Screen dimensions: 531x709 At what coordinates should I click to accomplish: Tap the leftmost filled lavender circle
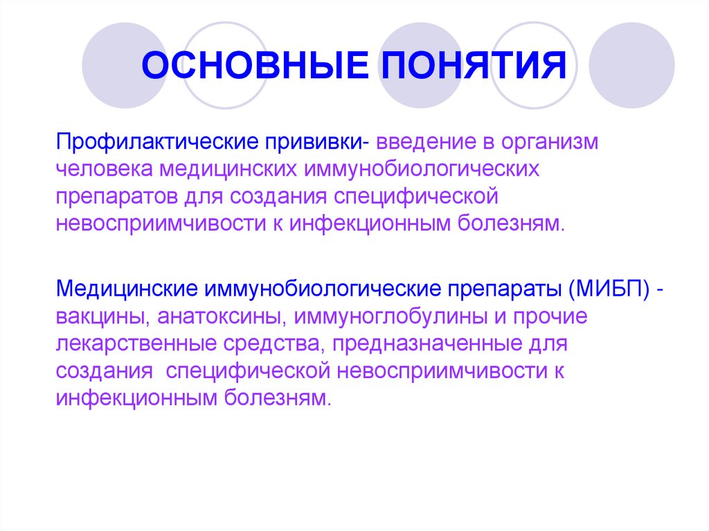point(125,66)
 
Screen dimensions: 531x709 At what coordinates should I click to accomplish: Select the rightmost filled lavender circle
point(631,66)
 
